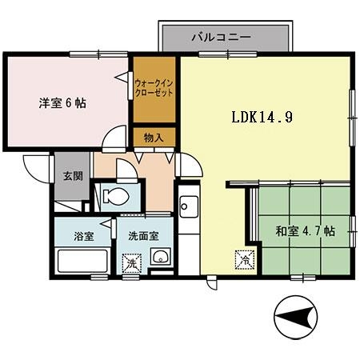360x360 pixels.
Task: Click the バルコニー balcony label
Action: pyautogui.click(x=222, y=37)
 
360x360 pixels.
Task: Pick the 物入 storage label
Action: pyautogui.click(x=154, y=138)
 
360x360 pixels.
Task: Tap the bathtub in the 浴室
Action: pyautogui.click(x=82, y=261)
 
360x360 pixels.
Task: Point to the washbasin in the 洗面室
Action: pyautogui.click(x=162, y=258)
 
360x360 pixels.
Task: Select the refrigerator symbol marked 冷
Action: pyautogui.click(x=242, y=260)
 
